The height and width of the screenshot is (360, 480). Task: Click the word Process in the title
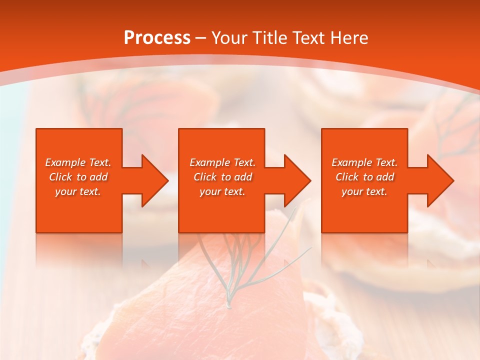[x=157, y=37]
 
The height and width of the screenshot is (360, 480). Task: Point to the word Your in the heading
[x=229, y=37]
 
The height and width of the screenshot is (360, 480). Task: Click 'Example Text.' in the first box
[x=78, y=162]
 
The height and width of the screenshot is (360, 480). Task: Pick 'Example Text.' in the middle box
[x=222, y=162]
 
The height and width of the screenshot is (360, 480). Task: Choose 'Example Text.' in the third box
[x=364, y=162]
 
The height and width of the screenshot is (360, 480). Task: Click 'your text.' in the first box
[x=78, y=191]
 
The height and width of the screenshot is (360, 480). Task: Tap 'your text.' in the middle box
[x=222, y=191]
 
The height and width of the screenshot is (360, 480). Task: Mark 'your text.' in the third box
[x=364, y=191]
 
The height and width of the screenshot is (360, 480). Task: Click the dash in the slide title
[x=201, y=38]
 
